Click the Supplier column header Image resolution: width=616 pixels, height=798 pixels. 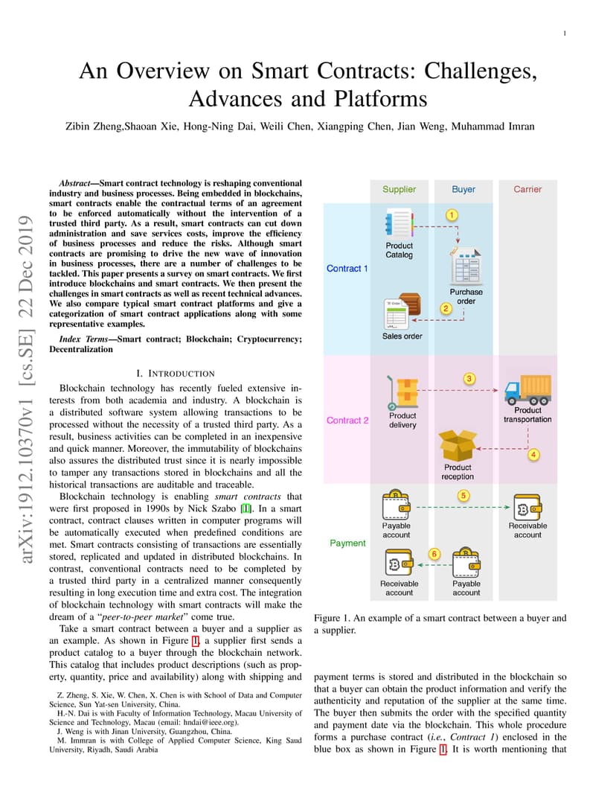(x=399, y=189)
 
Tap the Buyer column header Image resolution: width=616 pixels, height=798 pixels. (x=463, y=189)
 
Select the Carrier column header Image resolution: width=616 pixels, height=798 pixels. (x=527, y=189)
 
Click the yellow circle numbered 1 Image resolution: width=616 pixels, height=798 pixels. (x=452, y=215)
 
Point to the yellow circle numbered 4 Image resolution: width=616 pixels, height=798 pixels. (x=533, y=455)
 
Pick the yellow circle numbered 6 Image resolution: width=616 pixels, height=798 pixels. (x=434, y=554)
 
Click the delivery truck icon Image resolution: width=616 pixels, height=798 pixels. (x=528, y=390)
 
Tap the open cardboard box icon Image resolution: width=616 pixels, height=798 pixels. (x=458, y=446)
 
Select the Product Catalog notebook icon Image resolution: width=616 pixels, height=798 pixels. (x=400, y=224)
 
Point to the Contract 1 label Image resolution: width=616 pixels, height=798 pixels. (x=347, y=269)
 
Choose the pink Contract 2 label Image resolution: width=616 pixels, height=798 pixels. (x=347, y=421)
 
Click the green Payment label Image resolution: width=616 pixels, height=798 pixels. (x=347, y=543)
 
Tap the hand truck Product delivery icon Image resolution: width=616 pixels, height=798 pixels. (x=402, y=393)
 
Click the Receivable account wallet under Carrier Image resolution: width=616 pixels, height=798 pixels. (x=527, y=508)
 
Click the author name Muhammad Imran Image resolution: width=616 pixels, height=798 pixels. (x=493, y=127)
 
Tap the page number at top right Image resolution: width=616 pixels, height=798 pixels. (x=565, y=33)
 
